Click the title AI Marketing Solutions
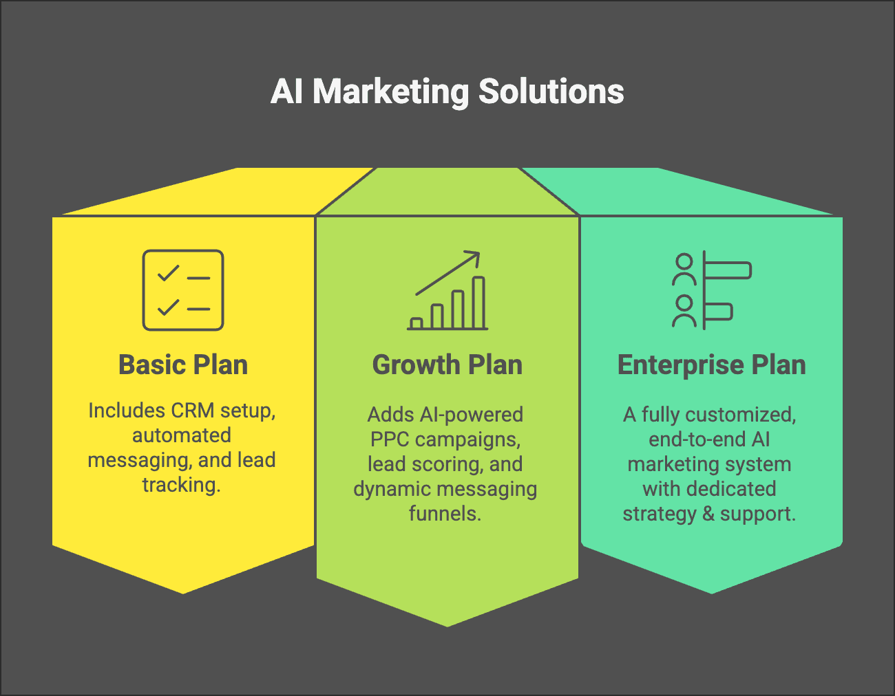447,91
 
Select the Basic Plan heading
183,365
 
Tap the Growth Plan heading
447,365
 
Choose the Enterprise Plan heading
711,365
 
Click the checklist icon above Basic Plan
183,290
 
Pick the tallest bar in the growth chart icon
478,303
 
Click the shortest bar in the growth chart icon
416,323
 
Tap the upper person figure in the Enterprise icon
684,270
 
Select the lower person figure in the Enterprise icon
684,311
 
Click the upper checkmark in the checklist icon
168,274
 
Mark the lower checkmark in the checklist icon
168,307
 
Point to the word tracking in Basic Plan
181,485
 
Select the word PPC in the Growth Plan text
390,439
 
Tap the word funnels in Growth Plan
445,514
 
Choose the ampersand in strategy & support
708,514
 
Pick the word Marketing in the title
390,91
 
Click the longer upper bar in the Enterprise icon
727,270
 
